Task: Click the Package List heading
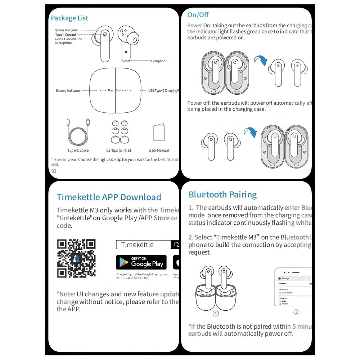click(x=69, y=18)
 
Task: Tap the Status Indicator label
click(x=67, y=30)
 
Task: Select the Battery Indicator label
click(x=68, y=90)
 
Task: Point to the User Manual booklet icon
click(x=159, y=132)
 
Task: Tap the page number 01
click(x=54, y=171)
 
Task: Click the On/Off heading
click(x=198, y=15)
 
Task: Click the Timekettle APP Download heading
click(x=109, y=197)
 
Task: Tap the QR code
click(x=76, y=258)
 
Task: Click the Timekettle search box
click(x=143, y=245)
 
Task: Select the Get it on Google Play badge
click(x=141, y=262)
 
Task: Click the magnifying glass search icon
click(x=176, y=245)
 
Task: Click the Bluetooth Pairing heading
click(x=222, y=195)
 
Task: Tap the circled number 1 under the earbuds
click(x=216, y=314)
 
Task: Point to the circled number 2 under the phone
click(x=296, y=312)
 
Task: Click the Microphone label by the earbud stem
click(x=158, y=61)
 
